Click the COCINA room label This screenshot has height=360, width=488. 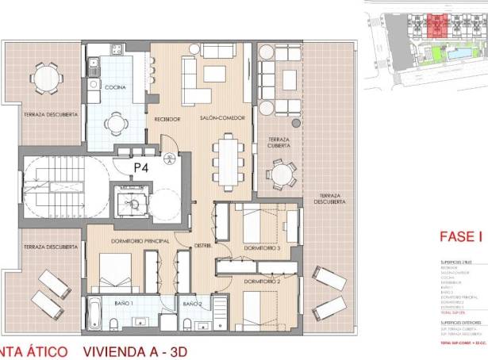tap(116, 88)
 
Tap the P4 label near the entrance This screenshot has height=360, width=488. tap(142, 167)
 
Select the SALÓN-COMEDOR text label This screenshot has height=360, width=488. tap(217, 119)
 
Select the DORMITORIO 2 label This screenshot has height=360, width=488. tap(263, 281)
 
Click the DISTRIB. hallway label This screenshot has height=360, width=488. tap(203, 246)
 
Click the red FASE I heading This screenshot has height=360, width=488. tap(461, 236)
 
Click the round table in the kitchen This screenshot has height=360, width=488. tap(117, 121)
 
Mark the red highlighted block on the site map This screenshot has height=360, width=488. tap(435, 26)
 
